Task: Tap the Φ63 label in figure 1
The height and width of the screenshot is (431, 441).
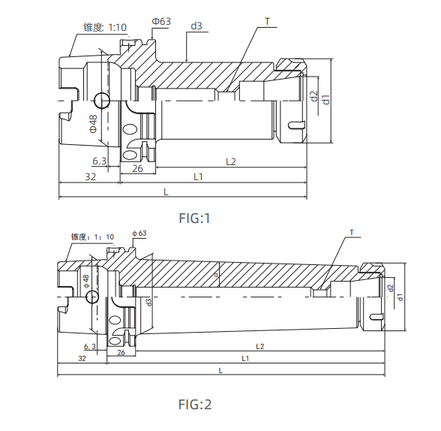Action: pyautogui.click(x=161, y=21)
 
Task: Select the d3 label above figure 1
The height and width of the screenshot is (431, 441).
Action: pyautogui.click(x=196, y=26)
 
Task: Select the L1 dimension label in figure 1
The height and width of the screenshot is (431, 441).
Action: pyautogui.click(x=199, y=176)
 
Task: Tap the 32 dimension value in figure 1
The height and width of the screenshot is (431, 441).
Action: pyautogui.click(x=90, y=176)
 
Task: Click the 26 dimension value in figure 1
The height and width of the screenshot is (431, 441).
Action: pyautogui.click(x=137, y=169)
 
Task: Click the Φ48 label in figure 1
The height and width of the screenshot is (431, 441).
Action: pyautogui.click(x=93, y=123)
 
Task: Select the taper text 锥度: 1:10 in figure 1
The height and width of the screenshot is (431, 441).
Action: pyautogui.click(x=105, y=27)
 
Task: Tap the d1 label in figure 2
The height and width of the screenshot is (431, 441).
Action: pyautogui.click(x=400, y=297)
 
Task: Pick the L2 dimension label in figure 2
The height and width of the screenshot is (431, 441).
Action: pyautogui.click(x=260, y=346)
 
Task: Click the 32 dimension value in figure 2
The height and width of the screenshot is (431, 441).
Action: pyautogui.click(x=81, y=359)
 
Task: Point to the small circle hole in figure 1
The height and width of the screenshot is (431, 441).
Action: pyautogui.click(x=101, y=100)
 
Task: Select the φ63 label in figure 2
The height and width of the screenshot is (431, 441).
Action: pyautogui.click(x=139, y=234)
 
